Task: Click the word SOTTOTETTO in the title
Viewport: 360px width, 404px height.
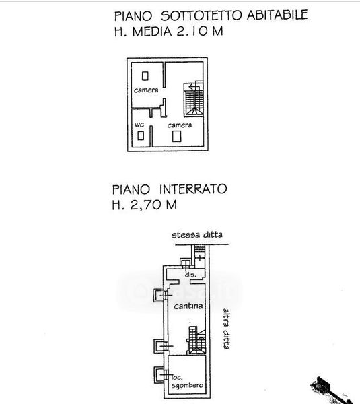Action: pyautogui.click(x=201, y=15)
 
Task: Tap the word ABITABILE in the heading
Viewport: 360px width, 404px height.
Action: pyautogui.click(x=277, y=15)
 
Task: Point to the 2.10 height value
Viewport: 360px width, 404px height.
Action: pyautogui.click(x=192, y=31)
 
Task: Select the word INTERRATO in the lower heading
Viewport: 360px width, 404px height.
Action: pyautogui.click(x=193, y=189)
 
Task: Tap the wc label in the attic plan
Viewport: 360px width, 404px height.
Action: pyautogui.click(x=139, y=125)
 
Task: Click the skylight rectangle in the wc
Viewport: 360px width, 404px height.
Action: pyautogui.click(x=141, y=135)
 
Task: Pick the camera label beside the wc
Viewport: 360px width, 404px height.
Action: pyautogui.click(x=180, y=125)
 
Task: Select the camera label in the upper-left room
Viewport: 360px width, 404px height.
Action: pyautogui.click(x=146, y=90)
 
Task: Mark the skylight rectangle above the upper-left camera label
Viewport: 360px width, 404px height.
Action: pyautogui.click(x=145, y=76)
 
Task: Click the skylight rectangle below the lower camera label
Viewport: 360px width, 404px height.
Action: pyautogui.click(x=177, y=137)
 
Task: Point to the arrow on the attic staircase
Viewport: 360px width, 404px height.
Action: pyautogui.click(x=194, y=87)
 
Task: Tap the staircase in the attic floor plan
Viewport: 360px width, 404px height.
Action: pyautogui.click(x=193, y=100)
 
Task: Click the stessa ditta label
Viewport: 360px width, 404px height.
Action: pyautogui.click(x=197, y=235)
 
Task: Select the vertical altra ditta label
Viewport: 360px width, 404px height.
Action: pyautogui.click(x=226, y=329)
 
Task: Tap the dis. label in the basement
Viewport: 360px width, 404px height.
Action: pyautogui.click(x=190, y=275)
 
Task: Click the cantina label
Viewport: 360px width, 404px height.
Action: pyautogui.click(x=188, y=306)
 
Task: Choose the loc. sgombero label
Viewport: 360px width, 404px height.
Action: pyautogui.click(x=187, y=382)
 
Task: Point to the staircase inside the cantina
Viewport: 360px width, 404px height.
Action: pyautogui.click(x=196, y=341)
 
